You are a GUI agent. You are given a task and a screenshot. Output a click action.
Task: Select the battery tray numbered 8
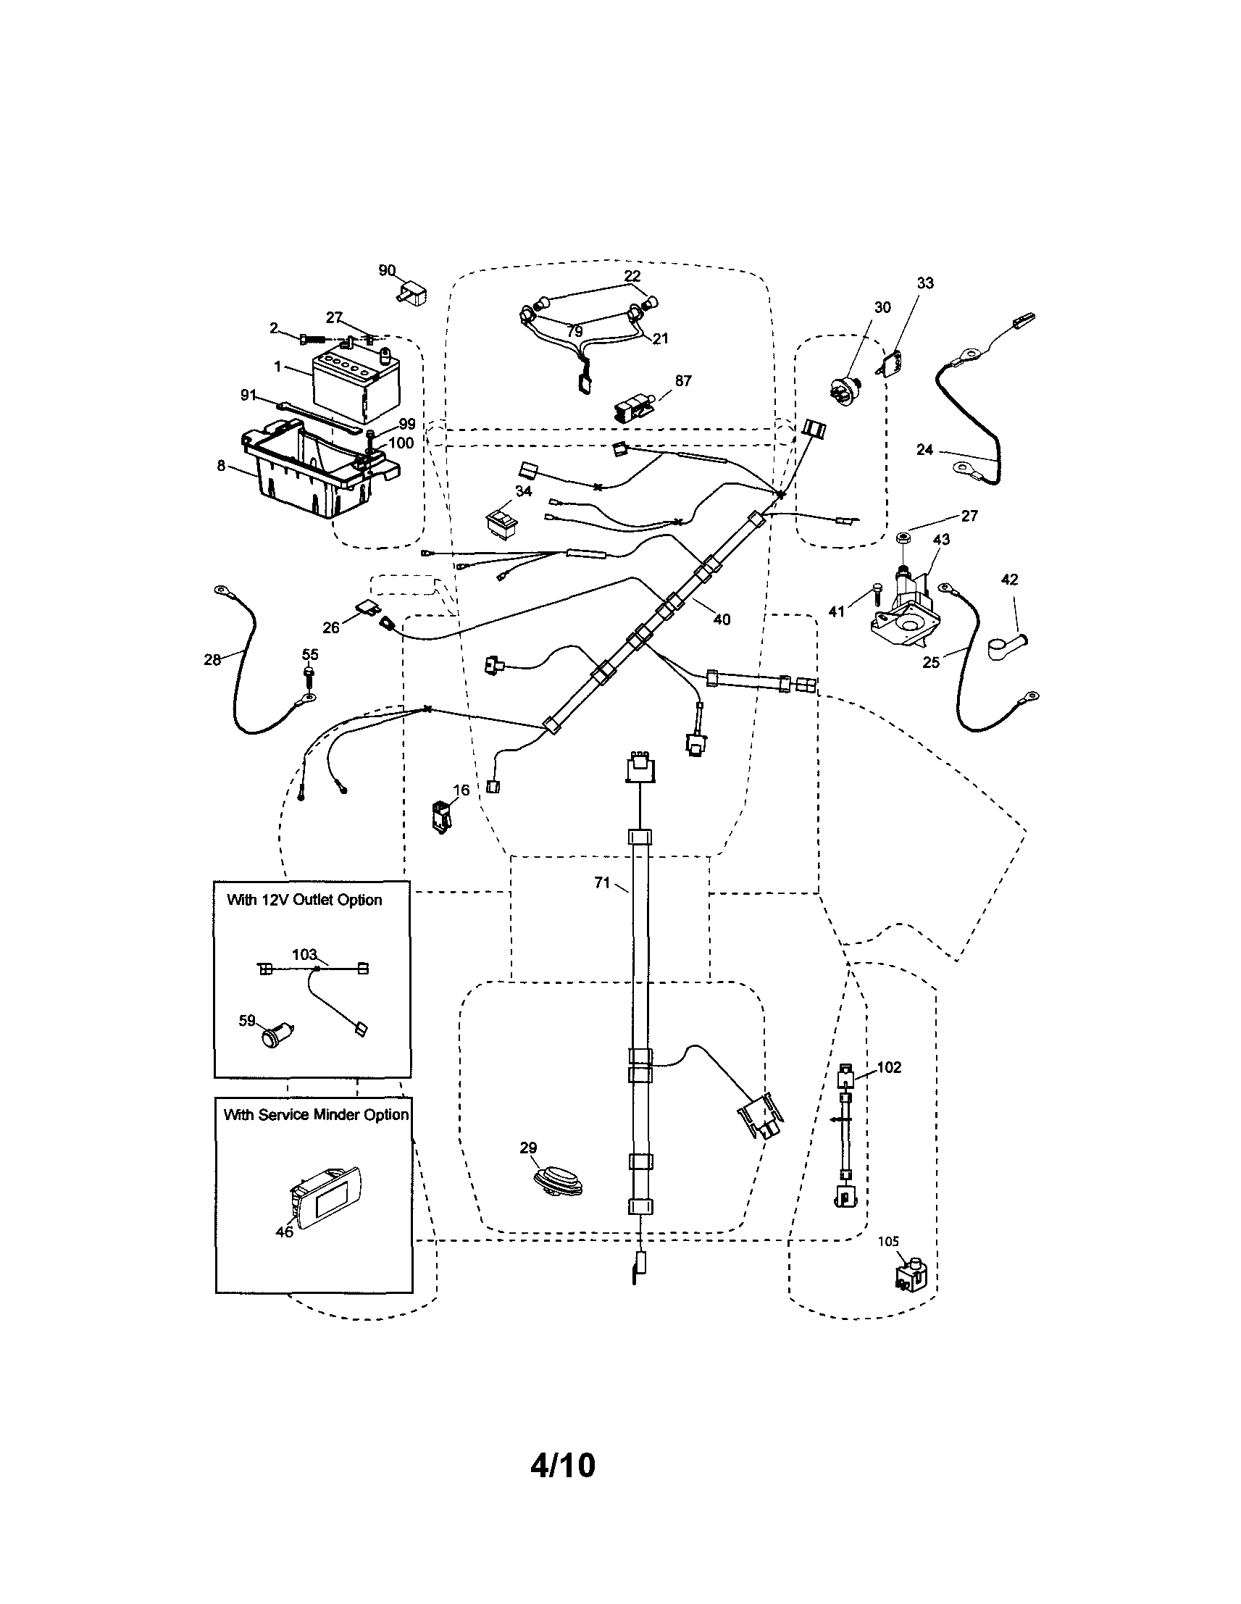[x=316, y=470]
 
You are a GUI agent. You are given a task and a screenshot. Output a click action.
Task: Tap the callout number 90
[x=387, y=270]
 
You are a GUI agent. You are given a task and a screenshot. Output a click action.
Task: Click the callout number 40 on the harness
[x=722, y=620]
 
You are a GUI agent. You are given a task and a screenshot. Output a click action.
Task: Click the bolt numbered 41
[x=876, y=593]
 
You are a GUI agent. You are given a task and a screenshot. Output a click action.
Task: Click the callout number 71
[x=601, y=883]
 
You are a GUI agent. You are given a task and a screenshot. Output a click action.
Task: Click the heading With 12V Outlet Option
[x=304, y=900]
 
